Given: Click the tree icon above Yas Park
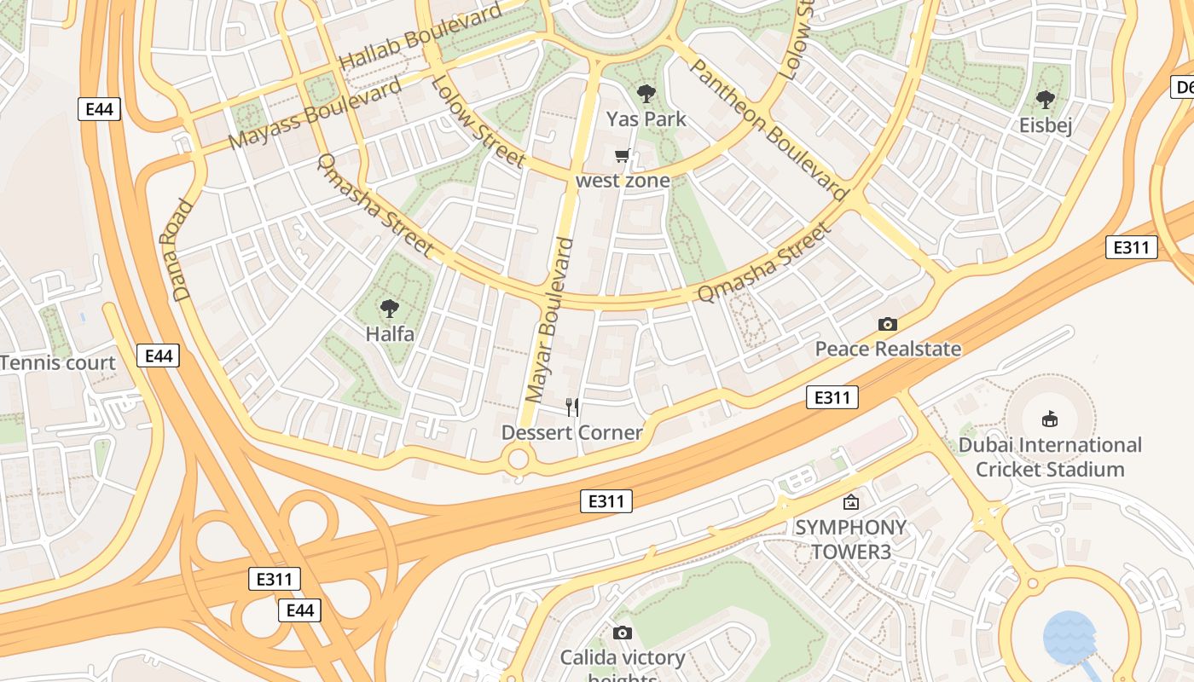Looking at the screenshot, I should click(646, 94).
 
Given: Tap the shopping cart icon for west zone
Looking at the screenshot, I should click(623, 156).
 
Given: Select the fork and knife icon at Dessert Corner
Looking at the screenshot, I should click(572, 407).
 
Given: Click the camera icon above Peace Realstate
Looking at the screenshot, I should click(888, 324).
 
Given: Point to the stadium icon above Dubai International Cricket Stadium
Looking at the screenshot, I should click(1050, 419).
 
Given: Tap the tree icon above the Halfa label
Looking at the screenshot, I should click(390, 309).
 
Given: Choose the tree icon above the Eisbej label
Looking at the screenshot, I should click(1045, 100).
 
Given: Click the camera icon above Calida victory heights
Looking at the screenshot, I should click(623, 633).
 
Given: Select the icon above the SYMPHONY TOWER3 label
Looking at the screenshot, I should click(850, 502).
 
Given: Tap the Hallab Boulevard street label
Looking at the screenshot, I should click(420, 39).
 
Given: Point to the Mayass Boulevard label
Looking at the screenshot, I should click(316, 114).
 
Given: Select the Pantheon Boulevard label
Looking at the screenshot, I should click(768, 130).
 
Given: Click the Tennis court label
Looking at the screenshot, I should click(58, 363).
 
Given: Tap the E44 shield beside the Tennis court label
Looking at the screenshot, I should click(159, 355).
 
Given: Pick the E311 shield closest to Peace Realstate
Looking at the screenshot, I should click(832, 397).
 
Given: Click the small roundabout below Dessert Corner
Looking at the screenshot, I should click(519, 460).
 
